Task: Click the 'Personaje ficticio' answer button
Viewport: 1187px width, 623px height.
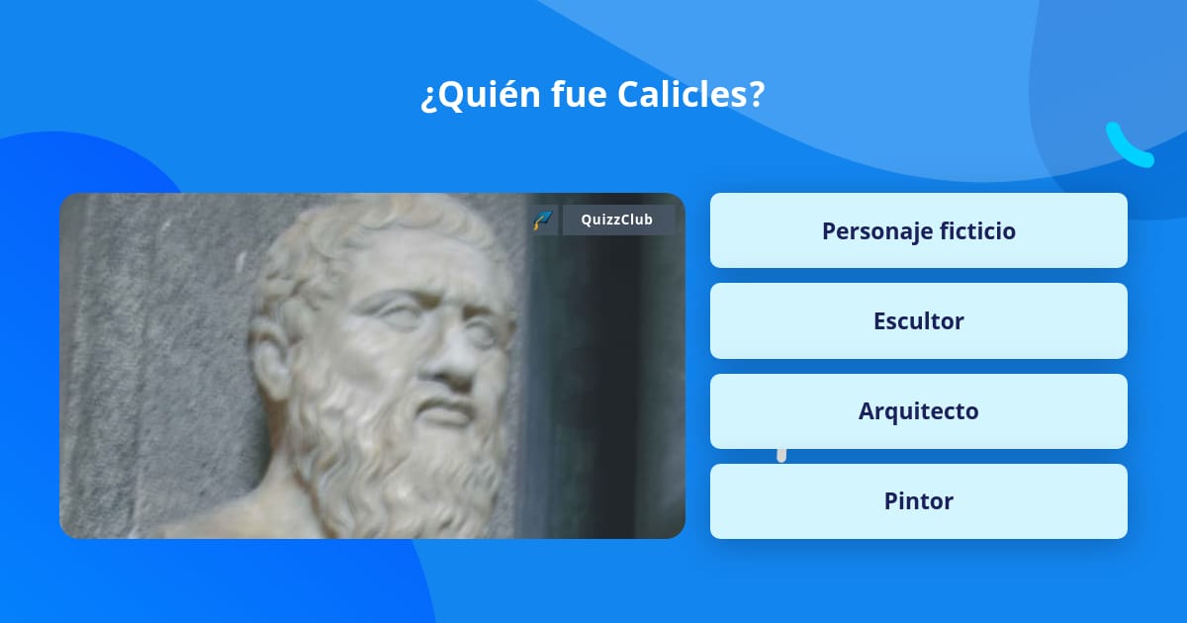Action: click(x=918, y=230)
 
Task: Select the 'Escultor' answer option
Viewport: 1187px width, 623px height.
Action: click(x=918, y=320)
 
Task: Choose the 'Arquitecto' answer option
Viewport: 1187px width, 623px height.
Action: click(x=918, y=410)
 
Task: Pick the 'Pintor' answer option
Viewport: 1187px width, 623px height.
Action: click(x=918, y=500)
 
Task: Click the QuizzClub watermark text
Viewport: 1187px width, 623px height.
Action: click(x=617, y=220)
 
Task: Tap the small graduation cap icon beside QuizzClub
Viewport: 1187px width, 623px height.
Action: click(x=542, y=220)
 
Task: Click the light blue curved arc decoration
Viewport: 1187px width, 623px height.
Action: click(x=1128, y=146)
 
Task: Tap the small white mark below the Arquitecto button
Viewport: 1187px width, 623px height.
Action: click(x=781, y=455)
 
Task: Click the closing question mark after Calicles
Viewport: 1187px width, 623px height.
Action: click(x=757, y=95)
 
